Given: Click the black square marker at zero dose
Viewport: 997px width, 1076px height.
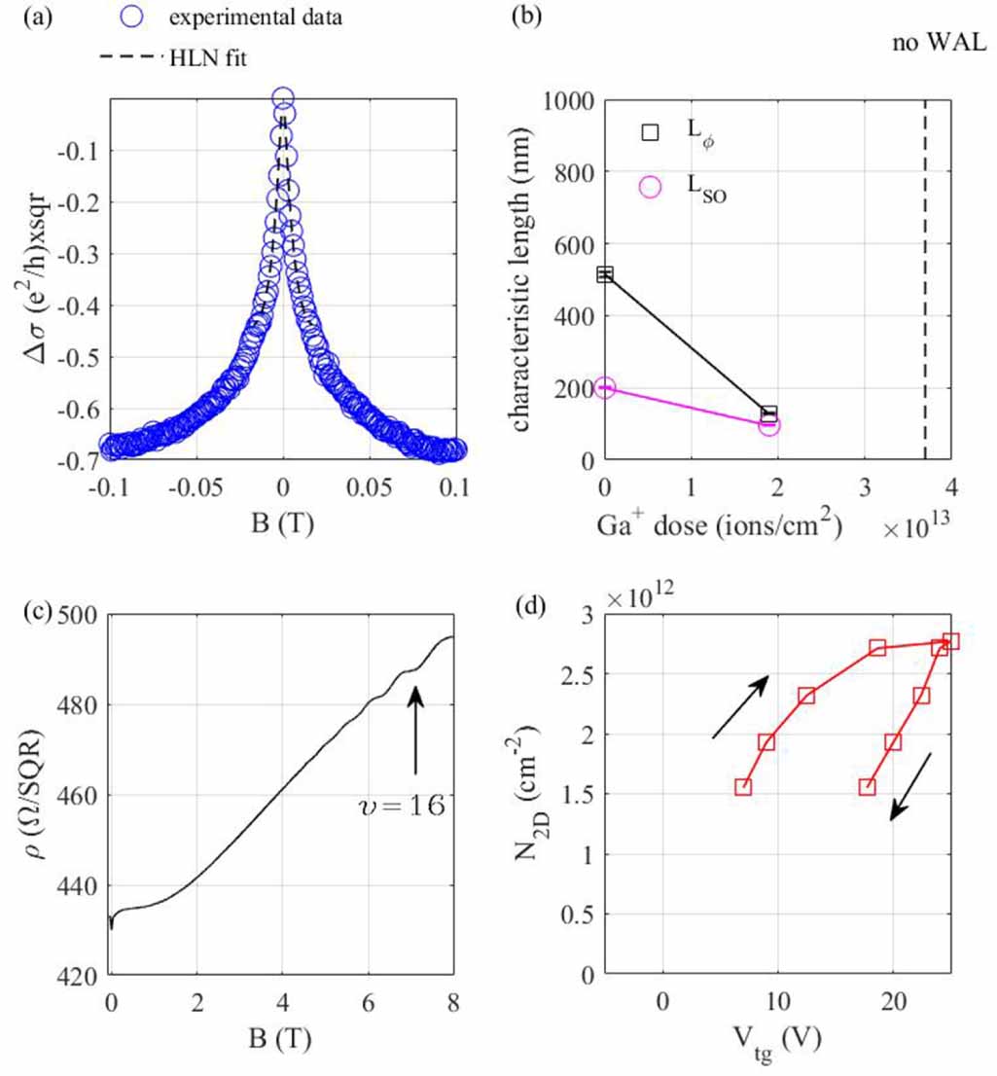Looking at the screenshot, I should click(605, 274).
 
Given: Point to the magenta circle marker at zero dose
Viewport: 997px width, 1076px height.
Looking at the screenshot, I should click(605, 387).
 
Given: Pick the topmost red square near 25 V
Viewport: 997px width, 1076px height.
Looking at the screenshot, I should click(950, 641).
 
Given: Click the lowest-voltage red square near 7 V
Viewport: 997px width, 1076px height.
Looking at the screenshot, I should click(743, 786).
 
